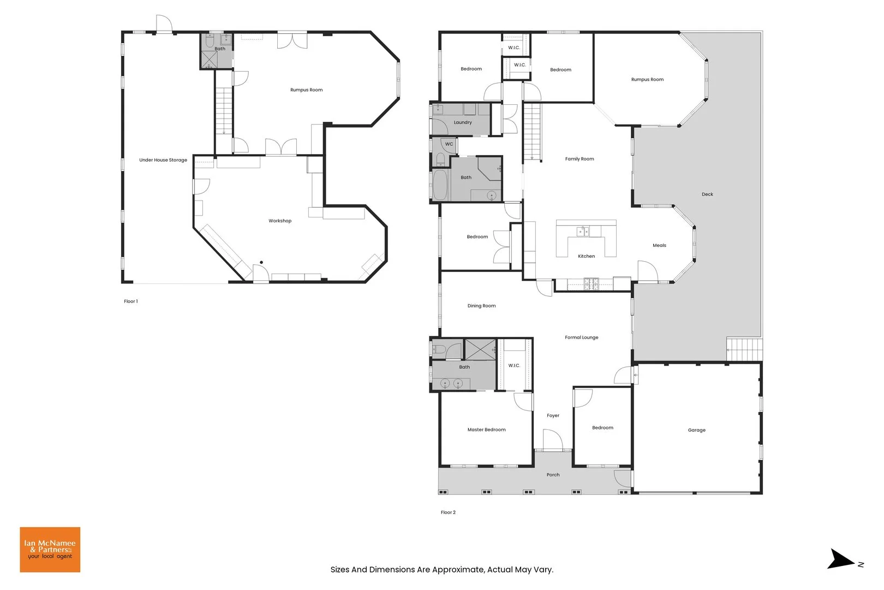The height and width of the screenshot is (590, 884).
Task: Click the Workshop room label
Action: coord(280,221)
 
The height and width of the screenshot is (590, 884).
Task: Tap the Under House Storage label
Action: coord(163,160)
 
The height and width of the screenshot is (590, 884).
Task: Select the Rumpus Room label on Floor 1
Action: coord(306,90)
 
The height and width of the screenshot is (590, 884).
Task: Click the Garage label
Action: coord(696,430)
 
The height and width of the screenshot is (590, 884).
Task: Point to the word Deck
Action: coord(707,194)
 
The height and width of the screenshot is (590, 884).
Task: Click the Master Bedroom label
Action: coord(486,429)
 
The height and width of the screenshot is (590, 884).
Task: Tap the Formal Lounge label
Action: coord(581,337)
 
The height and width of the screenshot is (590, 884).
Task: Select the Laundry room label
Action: coord(463,122)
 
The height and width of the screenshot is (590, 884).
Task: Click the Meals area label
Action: coord(659,245)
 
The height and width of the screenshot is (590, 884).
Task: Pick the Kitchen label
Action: coord(586,256)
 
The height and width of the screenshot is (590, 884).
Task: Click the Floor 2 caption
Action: coord(448,512)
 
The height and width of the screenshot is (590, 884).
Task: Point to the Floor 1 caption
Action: coord(130,301)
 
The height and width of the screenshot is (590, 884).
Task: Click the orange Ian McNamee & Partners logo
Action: coord(50,550)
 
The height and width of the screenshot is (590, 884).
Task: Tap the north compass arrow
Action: coord(842,560)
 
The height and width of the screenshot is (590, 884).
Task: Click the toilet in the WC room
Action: coord(440,159)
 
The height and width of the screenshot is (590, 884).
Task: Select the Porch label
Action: coord(553,475)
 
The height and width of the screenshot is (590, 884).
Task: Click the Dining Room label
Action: coord(481,306)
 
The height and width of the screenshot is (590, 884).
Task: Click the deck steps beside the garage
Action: coord(744,350)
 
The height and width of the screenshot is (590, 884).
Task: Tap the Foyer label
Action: coord(553,415)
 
